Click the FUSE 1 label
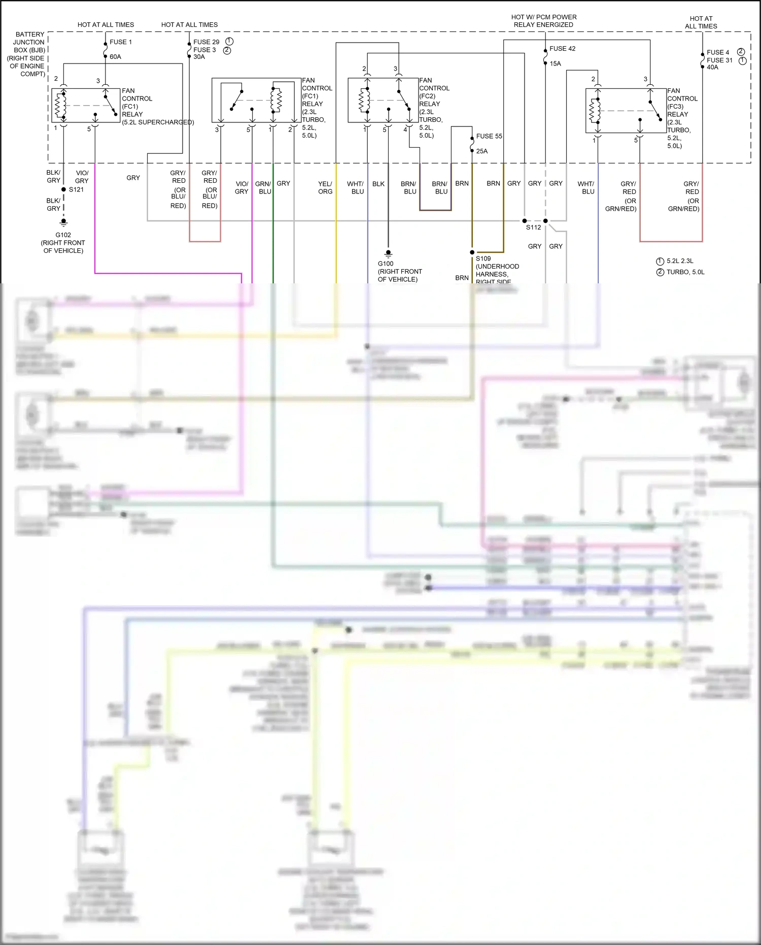[121, 42]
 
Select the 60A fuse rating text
[115, 57]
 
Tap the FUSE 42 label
[562, 49]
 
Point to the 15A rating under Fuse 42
[555, 64]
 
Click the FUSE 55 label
[489, 136]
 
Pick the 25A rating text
[481, 151]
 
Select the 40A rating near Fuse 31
[712, 67]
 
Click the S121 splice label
[76, 189]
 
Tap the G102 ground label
[63, 235]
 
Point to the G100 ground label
[386, 264]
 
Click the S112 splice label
[533, 227]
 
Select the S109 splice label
[483, 258]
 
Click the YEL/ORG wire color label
[325, 188]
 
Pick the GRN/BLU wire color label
[263, 188]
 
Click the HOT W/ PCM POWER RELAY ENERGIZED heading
[543, 21]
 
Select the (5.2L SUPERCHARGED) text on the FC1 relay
[158, 122]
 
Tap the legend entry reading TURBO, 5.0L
[685, 272]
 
